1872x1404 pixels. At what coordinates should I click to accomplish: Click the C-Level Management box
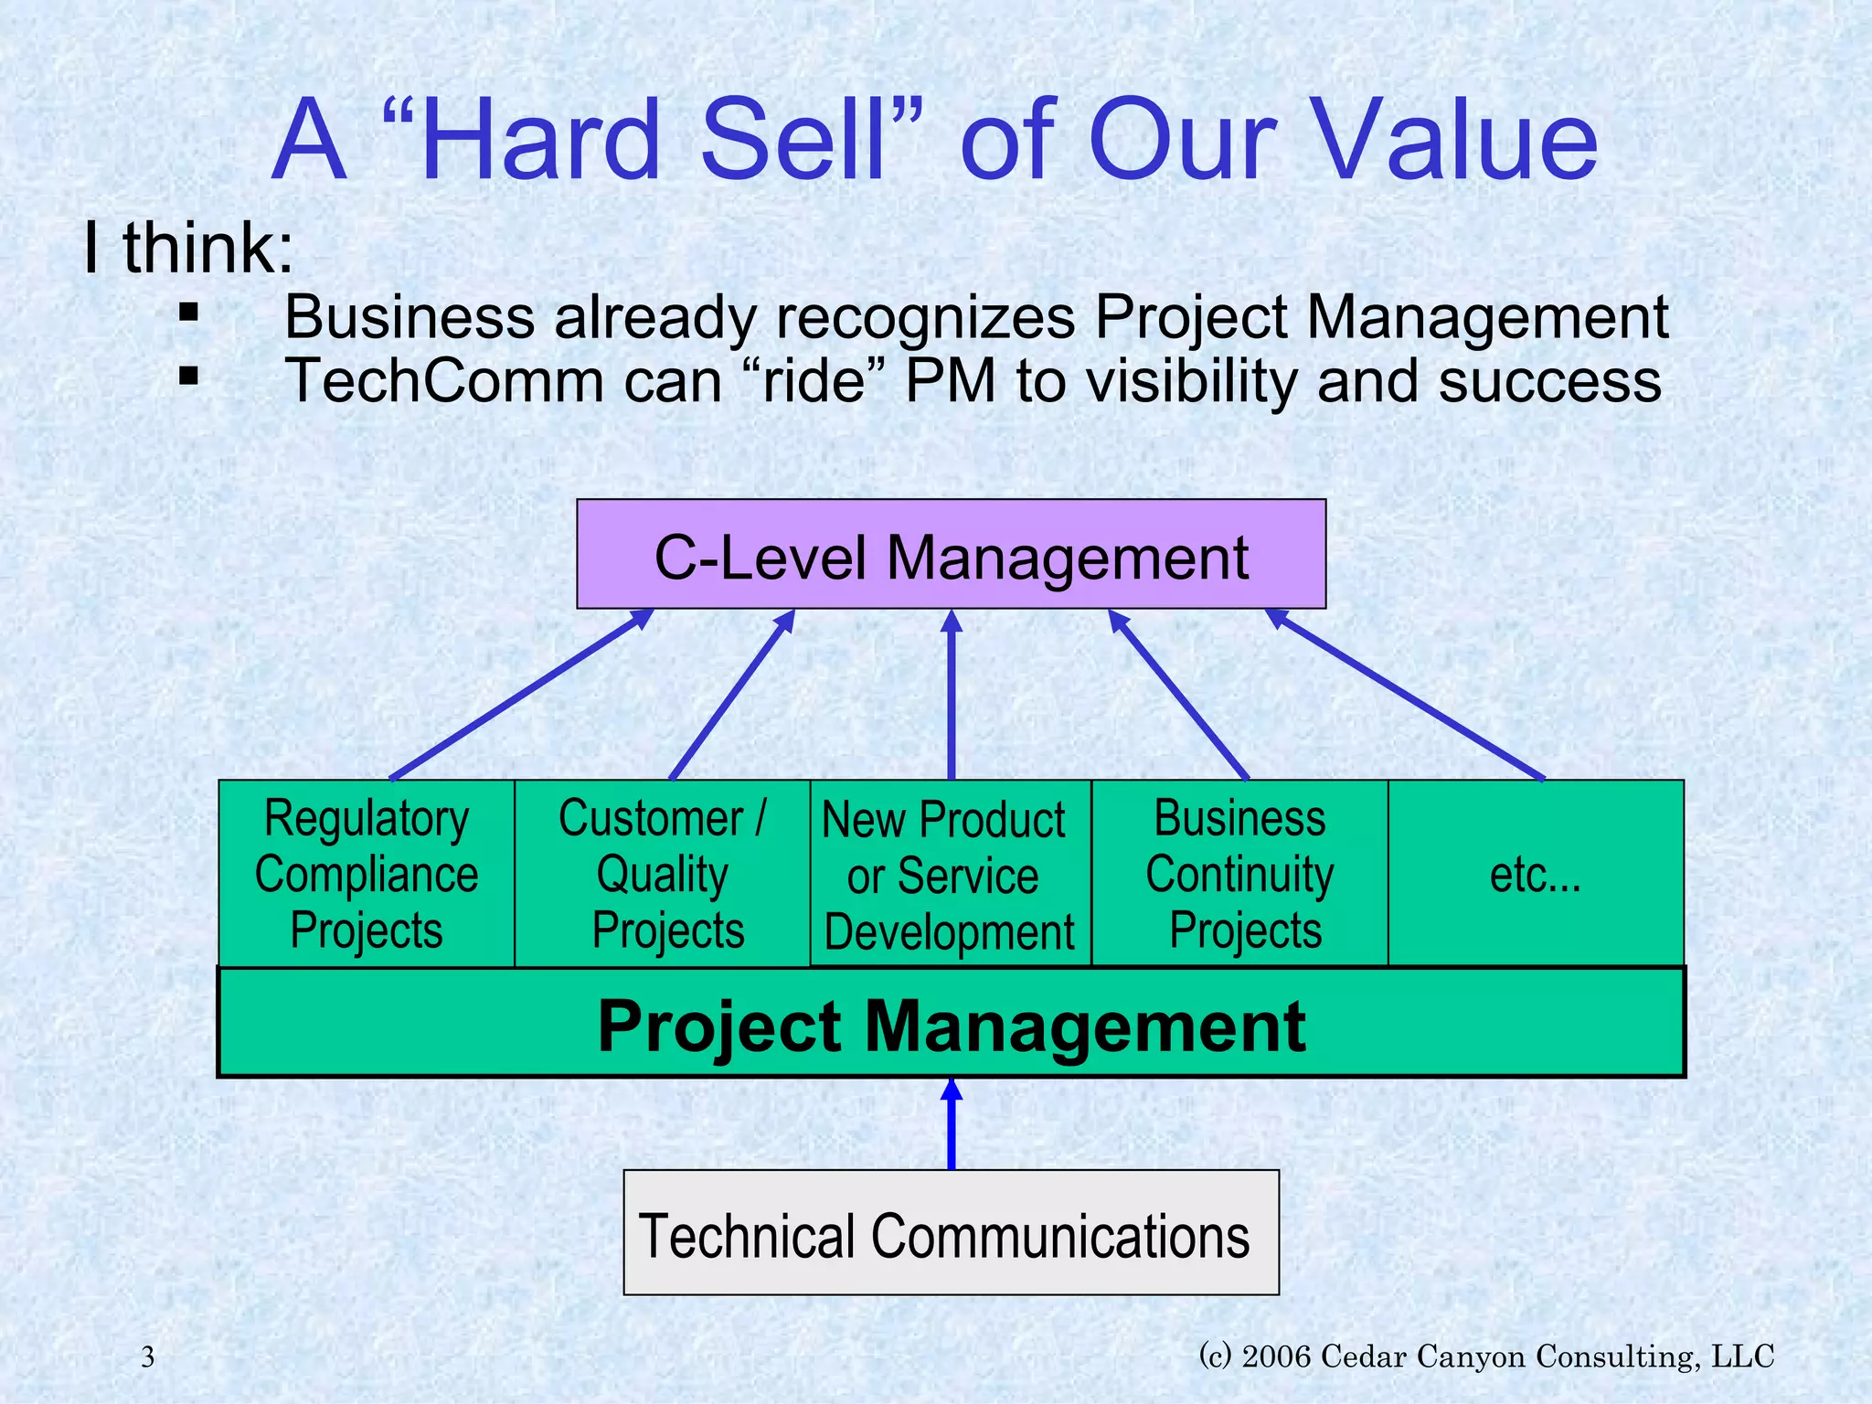[951, 554]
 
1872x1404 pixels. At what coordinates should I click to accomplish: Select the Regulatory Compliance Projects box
[367, 874]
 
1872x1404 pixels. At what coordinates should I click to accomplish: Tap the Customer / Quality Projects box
[663, 874]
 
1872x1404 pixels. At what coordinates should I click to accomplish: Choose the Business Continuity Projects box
[1239, 874]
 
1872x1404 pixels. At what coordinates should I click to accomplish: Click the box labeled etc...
[1536, 874]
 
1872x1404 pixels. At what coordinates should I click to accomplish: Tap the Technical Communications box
[951, 1234]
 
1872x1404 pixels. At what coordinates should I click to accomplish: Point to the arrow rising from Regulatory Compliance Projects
[521, 695]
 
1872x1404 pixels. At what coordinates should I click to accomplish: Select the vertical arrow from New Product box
[952, 695]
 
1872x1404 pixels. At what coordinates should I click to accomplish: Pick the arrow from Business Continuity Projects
[1179, 695]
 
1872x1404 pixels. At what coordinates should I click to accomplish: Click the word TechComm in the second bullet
[444, 381]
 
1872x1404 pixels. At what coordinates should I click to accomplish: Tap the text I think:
[188, 248]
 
